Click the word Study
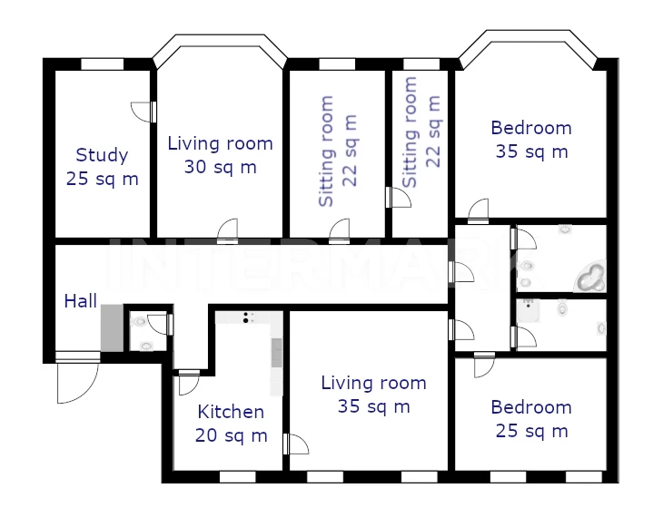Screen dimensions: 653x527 tap(102, 156)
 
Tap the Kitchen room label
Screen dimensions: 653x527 tap(231, 412)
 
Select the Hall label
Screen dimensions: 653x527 tap(80, 301)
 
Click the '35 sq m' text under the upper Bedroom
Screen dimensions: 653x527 tap(532, 151)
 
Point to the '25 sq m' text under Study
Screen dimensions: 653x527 tap(102, 180)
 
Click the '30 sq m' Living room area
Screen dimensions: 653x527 tap(221, 167)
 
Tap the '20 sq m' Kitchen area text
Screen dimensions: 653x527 tap(231, 435)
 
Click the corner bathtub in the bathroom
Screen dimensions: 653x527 tap(591, 277)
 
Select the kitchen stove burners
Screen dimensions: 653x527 tap(246, 317)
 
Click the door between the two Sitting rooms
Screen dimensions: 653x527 tap(399, 197)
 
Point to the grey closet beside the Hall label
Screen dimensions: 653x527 tap(112, 327)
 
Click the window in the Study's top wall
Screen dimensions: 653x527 tap(102, 64)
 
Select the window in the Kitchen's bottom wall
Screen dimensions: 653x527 tap(237, 477)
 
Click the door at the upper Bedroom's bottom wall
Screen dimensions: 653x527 tap(479, 212)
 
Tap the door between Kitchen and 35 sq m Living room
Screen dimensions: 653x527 tap(296, 444)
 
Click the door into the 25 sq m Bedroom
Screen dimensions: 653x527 tap(484, 366)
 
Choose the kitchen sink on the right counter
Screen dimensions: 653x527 tap(277, 353)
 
